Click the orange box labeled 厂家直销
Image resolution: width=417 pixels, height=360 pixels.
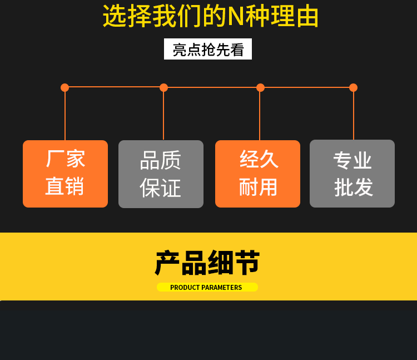pos(65,174)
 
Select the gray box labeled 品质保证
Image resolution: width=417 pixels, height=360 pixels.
pos(161,174)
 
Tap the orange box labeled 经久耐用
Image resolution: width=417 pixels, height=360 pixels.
pos(257,174)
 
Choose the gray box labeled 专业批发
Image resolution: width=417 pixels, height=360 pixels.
pos(352,174)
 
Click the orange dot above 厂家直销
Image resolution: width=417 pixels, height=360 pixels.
pos(64,87)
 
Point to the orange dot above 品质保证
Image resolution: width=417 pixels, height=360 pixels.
pos(163,87)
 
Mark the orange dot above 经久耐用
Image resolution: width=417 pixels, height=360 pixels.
pos(260,87)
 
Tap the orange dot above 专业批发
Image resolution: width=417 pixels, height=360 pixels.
pos(353,87)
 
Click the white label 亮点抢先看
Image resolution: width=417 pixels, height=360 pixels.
pos(208,50)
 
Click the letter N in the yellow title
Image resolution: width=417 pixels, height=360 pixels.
pos(236,17)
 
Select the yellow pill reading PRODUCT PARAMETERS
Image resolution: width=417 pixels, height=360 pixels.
pos(207,287)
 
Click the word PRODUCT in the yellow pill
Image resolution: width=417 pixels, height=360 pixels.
pos(185,288)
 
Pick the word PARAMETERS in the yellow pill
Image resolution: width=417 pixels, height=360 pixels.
pos(222,288)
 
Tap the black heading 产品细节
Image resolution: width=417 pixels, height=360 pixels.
pos(207,263)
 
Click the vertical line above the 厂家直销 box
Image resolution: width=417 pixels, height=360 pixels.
pos(65,114)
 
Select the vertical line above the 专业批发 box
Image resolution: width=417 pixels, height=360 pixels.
pos(354,114)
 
